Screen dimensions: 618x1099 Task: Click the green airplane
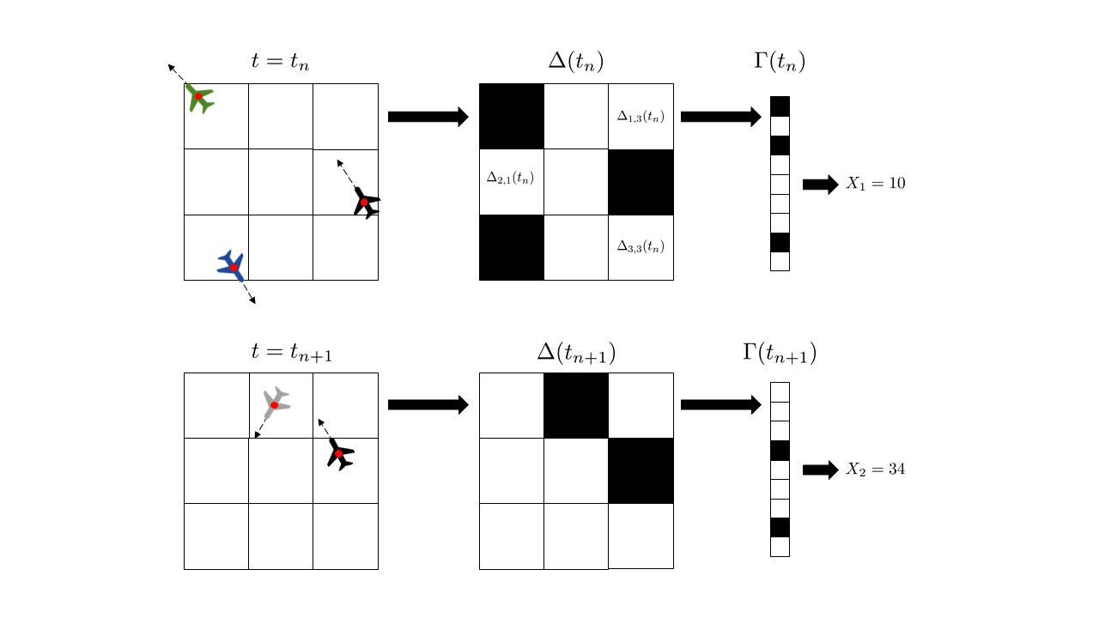pos(200,99)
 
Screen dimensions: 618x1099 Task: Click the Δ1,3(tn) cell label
pos(641,116)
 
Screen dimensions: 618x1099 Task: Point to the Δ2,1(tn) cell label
pos(510,179)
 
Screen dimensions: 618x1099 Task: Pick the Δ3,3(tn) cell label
pos(641,246)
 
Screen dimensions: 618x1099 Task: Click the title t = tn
pos(280,62)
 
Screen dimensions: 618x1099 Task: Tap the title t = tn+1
pos(291,350)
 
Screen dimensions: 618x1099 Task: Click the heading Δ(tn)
pos(575,62)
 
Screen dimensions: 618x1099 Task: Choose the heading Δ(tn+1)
pos(575,351)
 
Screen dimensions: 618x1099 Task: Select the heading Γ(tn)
pos(779,62)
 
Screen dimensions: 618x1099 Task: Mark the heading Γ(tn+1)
pos(779,351)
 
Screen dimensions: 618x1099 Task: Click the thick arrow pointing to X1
pos(820,184)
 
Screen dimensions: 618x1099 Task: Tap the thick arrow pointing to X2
pos(820,470)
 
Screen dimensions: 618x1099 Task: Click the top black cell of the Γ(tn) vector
pos(780,106)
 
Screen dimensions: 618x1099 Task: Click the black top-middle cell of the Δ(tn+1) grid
pos(576,405)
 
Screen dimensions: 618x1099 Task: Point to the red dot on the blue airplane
pos(234,268)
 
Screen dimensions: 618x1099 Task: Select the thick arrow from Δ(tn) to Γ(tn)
pos(720,117)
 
